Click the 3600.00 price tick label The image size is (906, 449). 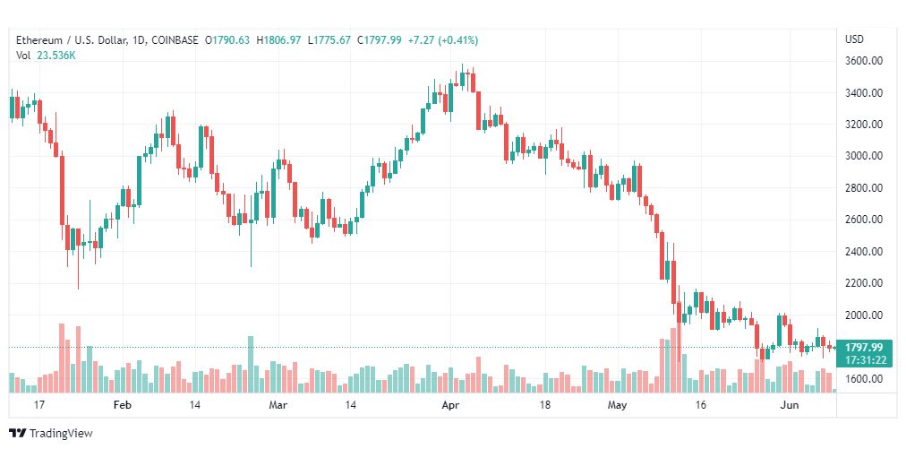(864, 61)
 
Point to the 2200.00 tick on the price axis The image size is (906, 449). (864, 283)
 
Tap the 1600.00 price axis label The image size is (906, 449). (864, 379)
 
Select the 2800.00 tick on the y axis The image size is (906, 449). (864, 188)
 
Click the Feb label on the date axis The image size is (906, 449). (123, 405)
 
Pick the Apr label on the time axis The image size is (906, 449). (450, 405)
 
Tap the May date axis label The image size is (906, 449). (617, 405)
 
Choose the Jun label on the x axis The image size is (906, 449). (790, 405)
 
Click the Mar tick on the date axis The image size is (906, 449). (278, 405)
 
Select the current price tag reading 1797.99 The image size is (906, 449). (864, 347)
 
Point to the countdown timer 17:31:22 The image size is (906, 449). (864, 359)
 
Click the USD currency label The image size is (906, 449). (855, 39)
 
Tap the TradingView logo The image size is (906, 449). (51, 433)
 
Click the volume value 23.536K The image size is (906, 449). (56, 56)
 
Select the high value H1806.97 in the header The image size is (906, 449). (279, 40)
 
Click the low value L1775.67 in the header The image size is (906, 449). (329, 40)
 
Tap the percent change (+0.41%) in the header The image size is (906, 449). (458, 40)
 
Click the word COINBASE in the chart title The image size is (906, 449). (175, 40)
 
